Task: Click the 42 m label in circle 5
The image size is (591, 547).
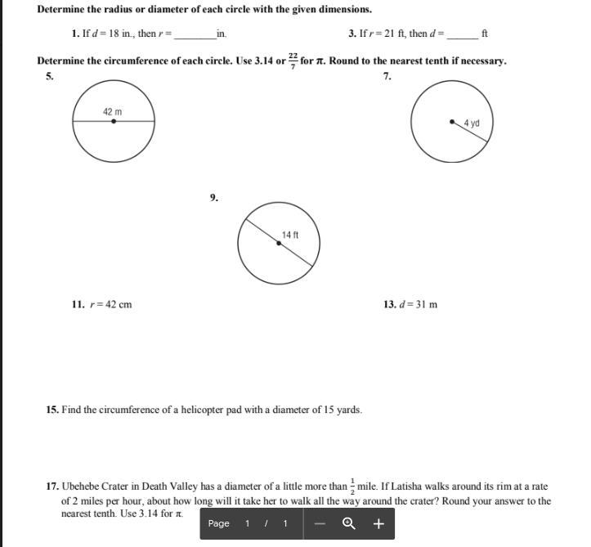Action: point(113,111)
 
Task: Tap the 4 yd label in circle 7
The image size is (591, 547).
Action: point(472,123)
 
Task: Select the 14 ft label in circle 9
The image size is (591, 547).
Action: point(290,235)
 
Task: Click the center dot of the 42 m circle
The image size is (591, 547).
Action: point(114,121)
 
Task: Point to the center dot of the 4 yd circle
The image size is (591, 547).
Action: point(452,122)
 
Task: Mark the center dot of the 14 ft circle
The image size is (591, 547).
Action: point(279,243)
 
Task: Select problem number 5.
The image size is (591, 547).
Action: point(50,76)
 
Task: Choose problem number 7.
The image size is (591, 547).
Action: point(387,76)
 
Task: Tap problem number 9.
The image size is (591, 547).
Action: point(213,197)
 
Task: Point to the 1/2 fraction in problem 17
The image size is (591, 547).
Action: point(352,486)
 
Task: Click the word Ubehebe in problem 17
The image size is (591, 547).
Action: point(81,486)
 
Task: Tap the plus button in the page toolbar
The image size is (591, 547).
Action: point(378,524)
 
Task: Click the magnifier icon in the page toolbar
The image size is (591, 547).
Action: point(349,524)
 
